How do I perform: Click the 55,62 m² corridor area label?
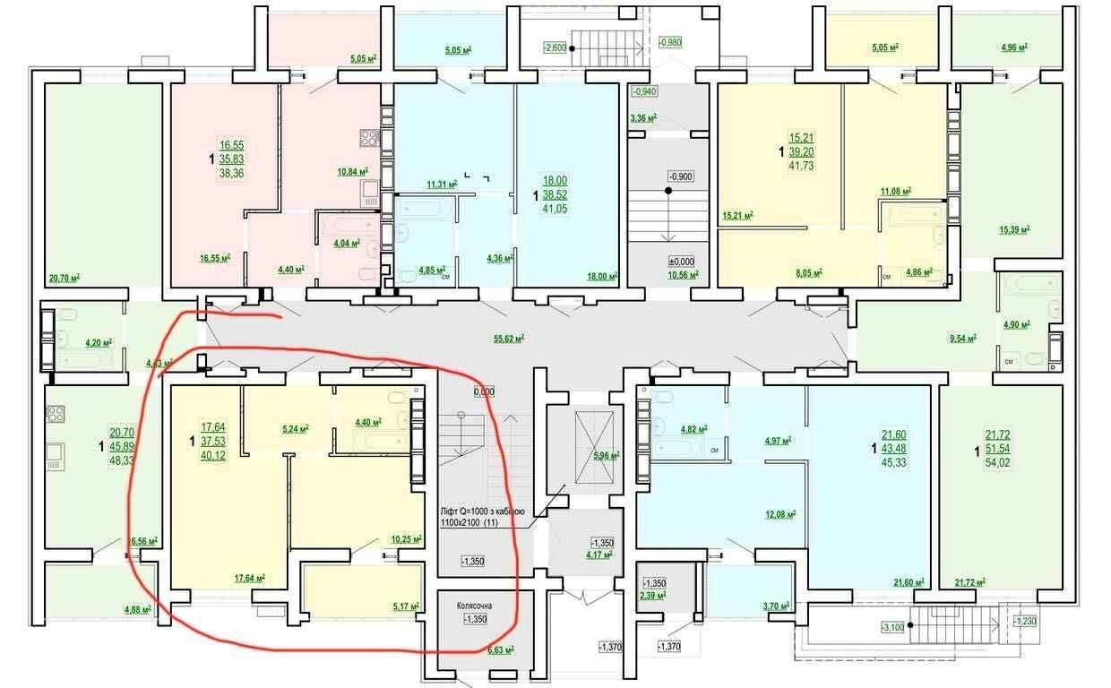click(x=508, y=338)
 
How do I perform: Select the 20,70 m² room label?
click(x=65, y=279)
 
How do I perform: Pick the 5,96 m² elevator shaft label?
click(x=606, y=456)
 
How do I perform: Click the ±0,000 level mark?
click(x=682, y=261)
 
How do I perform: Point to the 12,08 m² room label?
click(x=779, y=513)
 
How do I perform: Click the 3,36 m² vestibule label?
click(x=643, y=117)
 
